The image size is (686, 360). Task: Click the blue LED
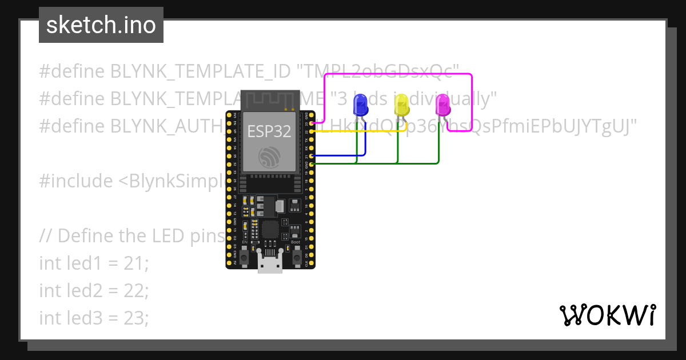click(360, 105)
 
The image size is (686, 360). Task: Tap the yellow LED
click(401, 105)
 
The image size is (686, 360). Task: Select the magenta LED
click(442, 105)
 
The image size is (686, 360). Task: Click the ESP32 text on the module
click(269, 131)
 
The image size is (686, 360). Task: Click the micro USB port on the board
click(269, 264)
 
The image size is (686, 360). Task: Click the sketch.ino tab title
click(101, 25)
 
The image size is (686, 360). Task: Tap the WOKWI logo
click(607, 315)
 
